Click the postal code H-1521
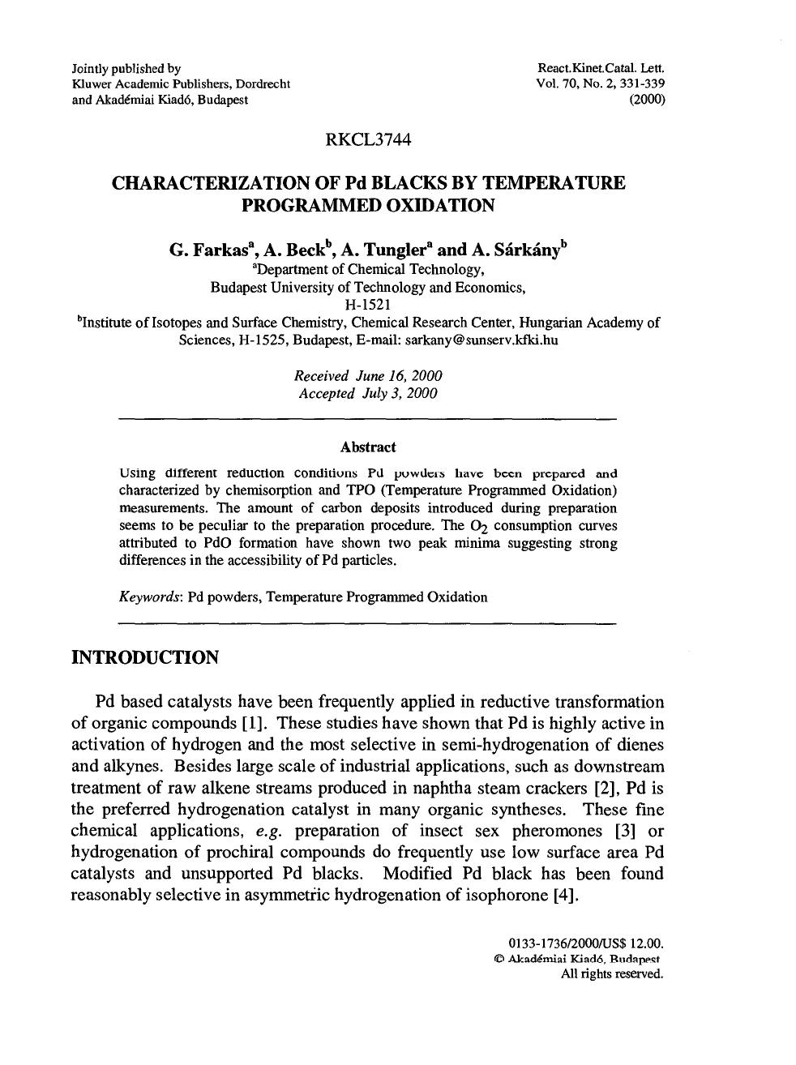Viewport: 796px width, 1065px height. click(368, 305)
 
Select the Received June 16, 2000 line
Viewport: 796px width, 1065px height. click(368, 376)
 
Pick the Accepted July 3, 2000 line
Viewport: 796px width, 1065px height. click(368, 394)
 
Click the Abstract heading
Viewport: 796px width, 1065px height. click(368, 447)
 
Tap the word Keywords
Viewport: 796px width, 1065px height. click(151, 597)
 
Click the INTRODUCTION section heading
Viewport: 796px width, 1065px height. click(145, 657)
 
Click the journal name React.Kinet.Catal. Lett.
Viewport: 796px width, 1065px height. click(601, 69)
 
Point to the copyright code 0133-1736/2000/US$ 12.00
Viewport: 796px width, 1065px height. click(585, 943)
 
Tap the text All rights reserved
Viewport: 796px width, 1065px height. click(612, 974)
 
